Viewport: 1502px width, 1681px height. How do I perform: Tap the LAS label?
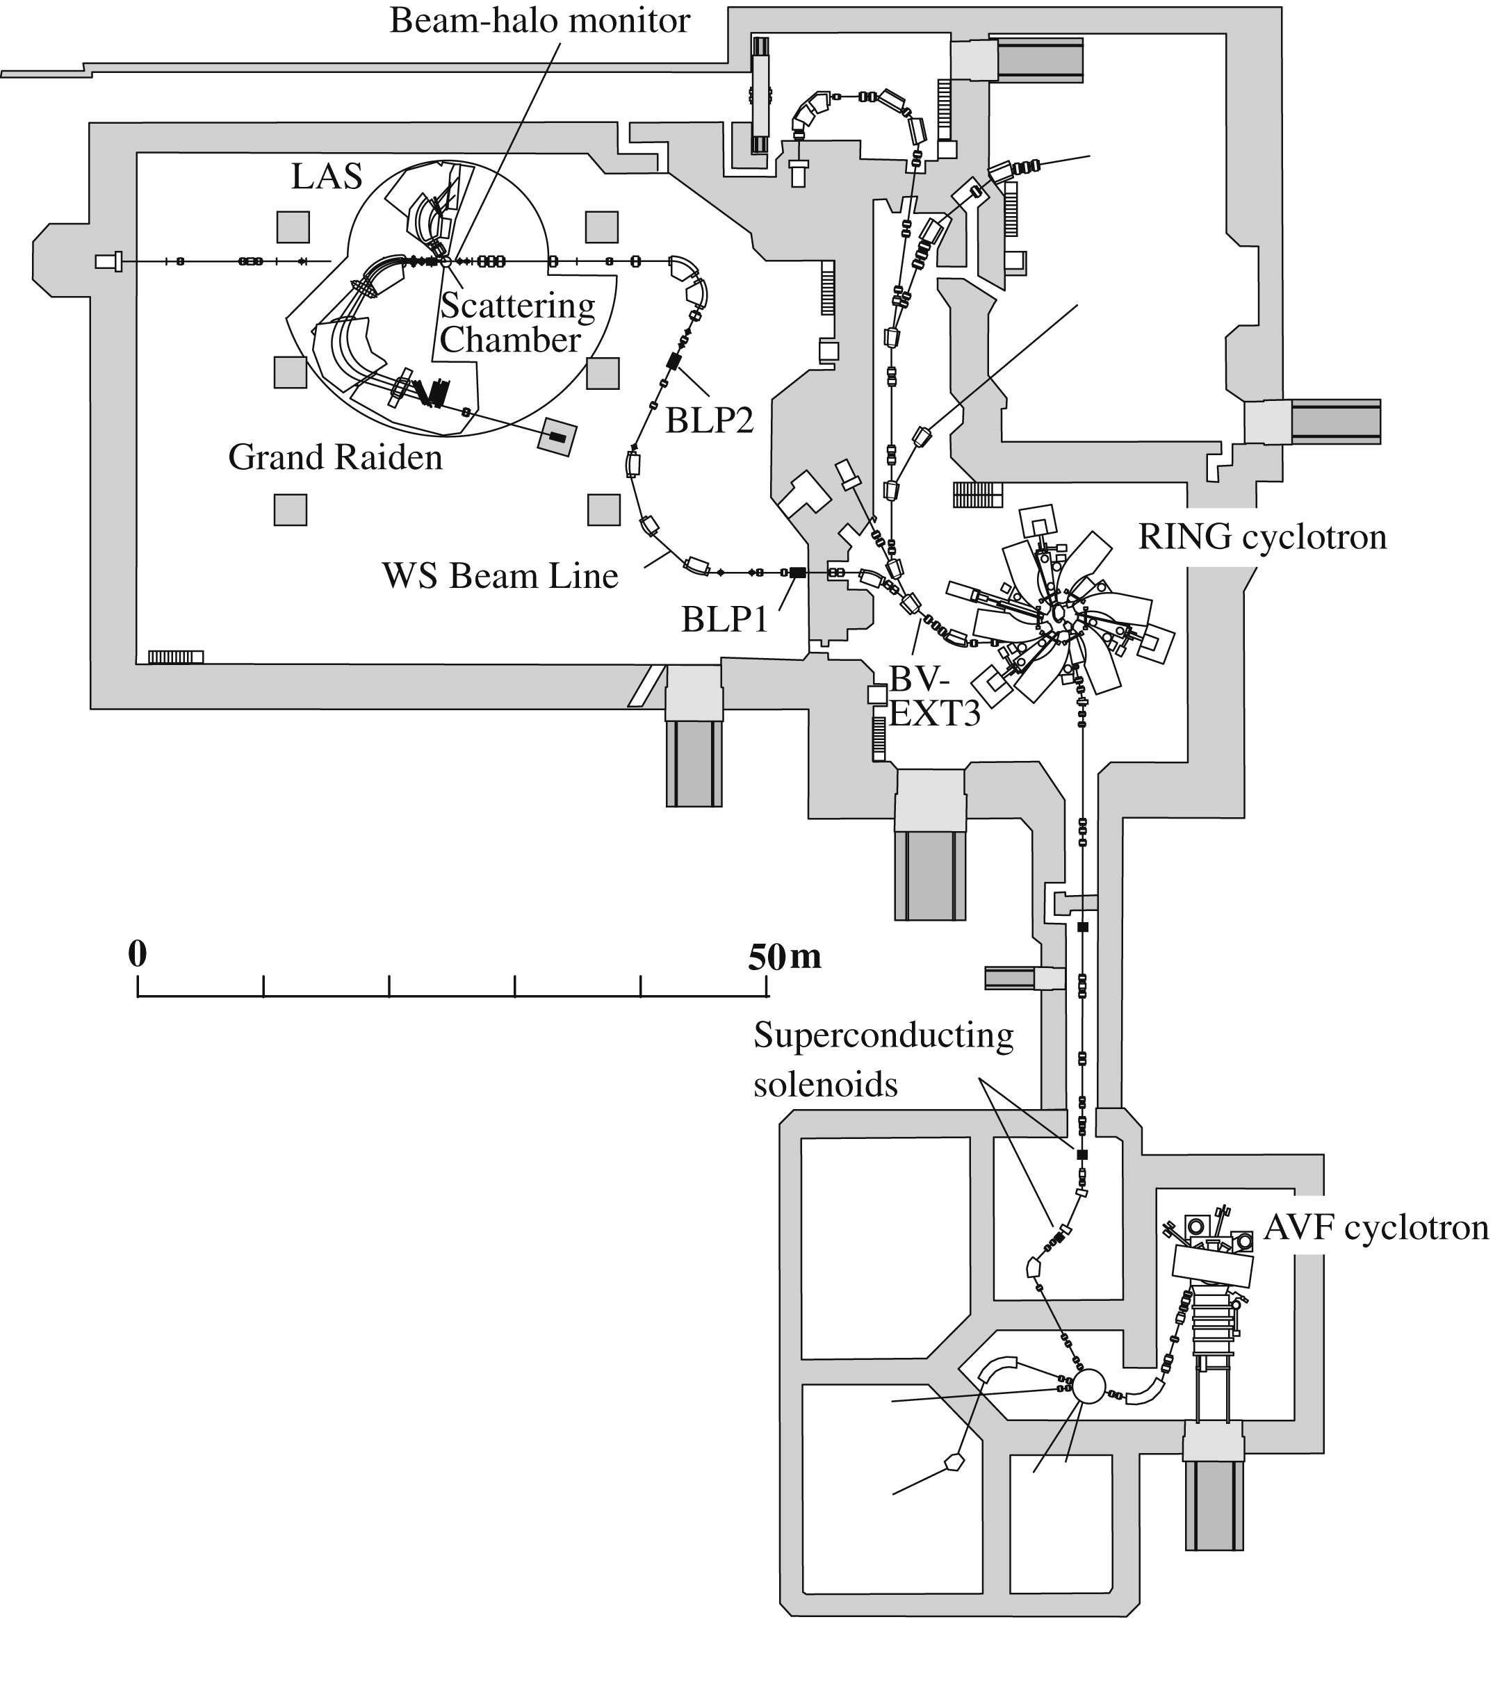pyautogui.click(x=327, y=177)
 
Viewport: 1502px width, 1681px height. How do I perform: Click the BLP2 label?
pyautogui.click(x=710, y=421)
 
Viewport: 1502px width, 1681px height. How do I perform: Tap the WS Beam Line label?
pyautogui.click(x=500, y=576)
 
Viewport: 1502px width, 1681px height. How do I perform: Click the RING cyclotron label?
pyautogui.click(x=1262, y=537)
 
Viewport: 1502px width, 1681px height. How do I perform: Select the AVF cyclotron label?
pyautogui.click(x=1376, y=1228)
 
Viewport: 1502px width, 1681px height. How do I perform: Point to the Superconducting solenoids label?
pyautogui.click(x=883, y=1060)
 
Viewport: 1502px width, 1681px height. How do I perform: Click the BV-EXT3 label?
pyautogui.click(x=933, y=696)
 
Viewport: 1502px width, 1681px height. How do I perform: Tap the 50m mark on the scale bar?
pyautogui.click(x=784, y=956)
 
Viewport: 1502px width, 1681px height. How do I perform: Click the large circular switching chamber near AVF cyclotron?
pyautogui.click(x=1088, y=1386)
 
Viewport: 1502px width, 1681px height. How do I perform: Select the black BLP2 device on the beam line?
pyautogui.click(x=673, y=361)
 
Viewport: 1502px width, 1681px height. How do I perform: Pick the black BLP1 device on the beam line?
pyautogui.click(x=797, y=572)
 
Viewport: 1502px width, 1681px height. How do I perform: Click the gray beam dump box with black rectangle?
pyautogui.click(x=557, y=436)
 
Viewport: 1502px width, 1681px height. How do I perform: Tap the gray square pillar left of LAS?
pyautogui.click(x=293, y=227)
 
